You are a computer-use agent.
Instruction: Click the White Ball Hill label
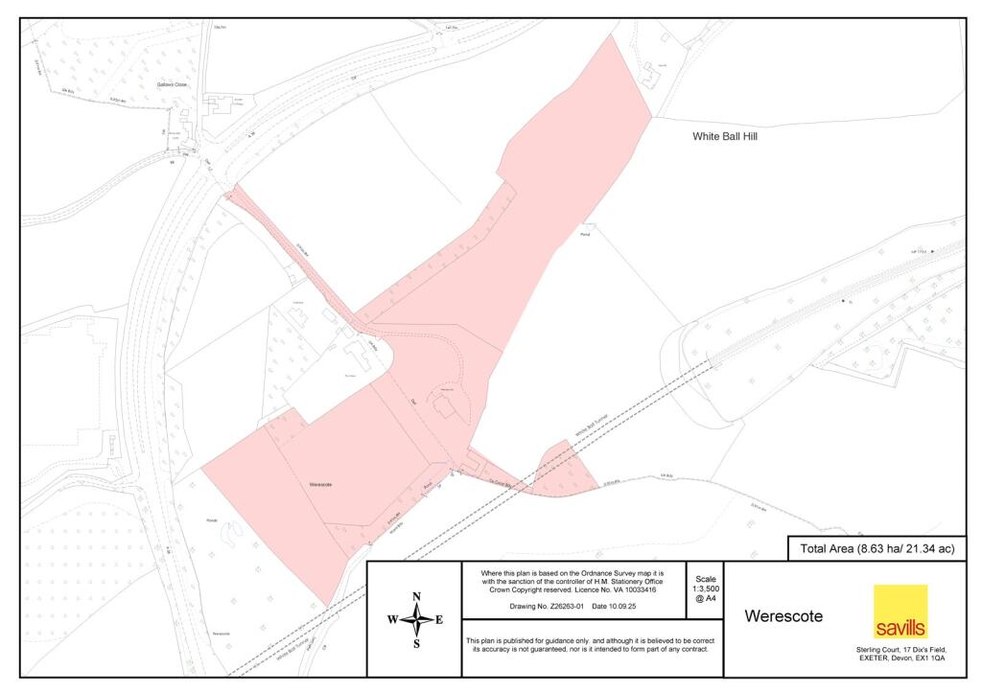coord(725,137)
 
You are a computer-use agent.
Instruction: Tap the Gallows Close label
coord(173,84)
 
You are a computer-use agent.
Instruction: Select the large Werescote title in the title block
coord(783,616)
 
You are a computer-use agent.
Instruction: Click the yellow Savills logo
coord(900,612)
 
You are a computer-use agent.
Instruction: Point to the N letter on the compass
coord(416,597)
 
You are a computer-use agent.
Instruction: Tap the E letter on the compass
coord(439,620)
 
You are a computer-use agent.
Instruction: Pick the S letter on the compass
coord(416,644)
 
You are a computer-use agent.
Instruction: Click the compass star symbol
coord(416,620)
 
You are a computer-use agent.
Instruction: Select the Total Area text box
coord(876,549)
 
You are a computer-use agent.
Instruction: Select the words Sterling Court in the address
coord(876,650)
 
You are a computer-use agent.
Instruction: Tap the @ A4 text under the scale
coord(705,598)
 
